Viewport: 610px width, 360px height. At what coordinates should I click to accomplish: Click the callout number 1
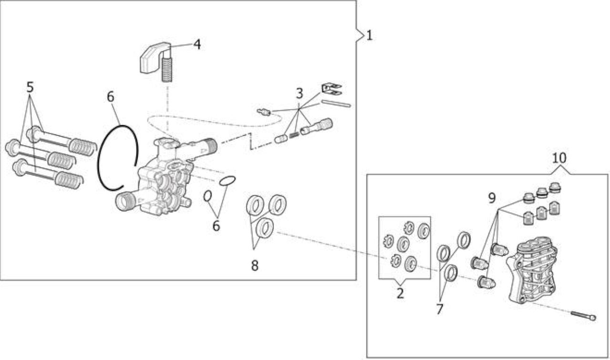369,35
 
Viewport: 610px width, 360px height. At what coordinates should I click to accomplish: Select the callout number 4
197,44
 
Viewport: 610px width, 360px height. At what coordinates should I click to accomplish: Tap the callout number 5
30,87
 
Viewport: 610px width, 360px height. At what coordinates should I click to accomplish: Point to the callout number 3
299,93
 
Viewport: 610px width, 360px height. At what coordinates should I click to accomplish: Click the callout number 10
559,158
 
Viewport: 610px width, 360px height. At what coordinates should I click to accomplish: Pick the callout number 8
254,265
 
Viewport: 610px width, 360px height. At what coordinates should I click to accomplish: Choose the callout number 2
400,293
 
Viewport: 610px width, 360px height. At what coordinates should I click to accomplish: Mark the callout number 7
439,309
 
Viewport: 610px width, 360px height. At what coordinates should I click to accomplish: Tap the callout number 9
492,198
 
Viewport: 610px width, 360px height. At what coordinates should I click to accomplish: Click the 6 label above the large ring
111,97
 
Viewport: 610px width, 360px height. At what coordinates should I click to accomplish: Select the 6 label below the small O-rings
216,226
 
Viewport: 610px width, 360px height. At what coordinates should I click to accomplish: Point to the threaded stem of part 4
167,70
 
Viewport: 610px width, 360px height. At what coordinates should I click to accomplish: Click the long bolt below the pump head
583,316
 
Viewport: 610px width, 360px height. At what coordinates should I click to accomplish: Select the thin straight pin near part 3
336,104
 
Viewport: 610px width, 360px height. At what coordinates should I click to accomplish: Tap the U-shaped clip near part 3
331,89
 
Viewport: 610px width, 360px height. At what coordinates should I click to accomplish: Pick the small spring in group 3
294,134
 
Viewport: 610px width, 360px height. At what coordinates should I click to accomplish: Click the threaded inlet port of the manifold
125,201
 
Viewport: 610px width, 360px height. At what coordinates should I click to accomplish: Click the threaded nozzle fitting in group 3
316,127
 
